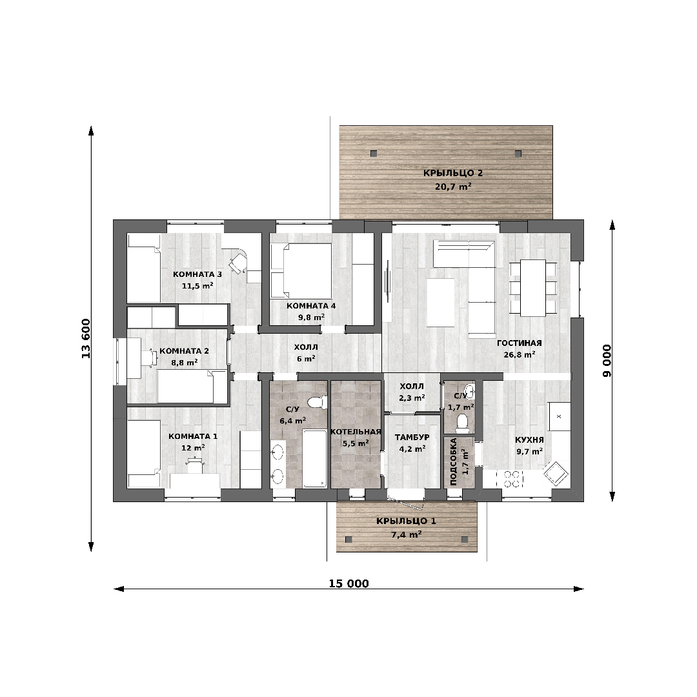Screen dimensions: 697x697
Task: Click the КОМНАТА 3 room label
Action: point(197,274)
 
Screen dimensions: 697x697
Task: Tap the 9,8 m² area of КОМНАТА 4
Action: point(311,318)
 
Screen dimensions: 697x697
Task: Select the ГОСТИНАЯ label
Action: point(519,343)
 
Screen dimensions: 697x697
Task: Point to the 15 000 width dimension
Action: point(349,583)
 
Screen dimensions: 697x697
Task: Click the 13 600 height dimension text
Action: point(86,339)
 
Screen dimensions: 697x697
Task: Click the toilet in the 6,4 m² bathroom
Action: point(316,401)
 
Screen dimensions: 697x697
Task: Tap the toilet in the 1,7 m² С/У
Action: point(462,423)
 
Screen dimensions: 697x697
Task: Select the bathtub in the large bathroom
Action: point(315,458)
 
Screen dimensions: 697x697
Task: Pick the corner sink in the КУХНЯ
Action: point(555,473)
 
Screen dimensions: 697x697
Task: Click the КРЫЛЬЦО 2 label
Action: point(453,174)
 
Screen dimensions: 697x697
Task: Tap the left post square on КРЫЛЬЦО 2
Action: point(374,154)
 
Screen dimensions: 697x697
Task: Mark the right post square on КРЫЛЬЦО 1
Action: point(465,539)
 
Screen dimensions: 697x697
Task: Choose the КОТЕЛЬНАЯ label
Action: point(356,432)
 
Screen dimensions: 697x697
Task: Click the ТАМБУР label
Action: point(412,438)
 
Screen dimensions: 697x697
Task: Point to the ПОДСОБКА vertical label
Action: point(454,461)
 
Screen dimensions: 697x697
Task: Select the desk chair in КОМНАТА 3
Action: point(238,262)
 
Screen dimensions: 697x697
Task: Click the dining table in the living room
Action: point(533,288)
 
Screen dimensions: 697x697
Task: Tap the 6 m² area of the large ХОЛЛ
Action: point(307,359)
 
